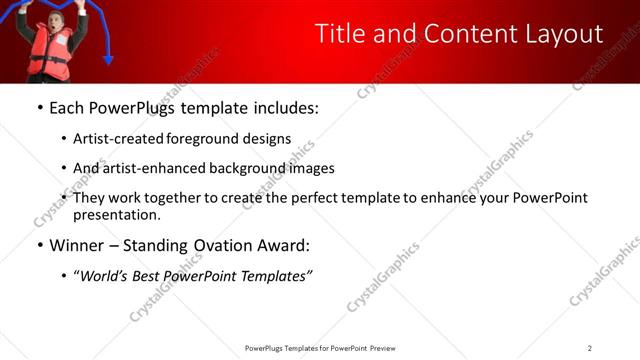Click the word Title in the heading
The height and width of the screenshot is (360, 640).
point(340,34)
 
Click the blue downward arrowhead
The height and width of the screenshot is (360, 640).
point(108,59)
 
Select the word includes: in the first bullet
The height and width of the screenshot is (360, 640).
point(281,107)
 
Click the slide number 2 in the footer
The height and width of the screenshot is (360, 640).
point(589,348)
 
